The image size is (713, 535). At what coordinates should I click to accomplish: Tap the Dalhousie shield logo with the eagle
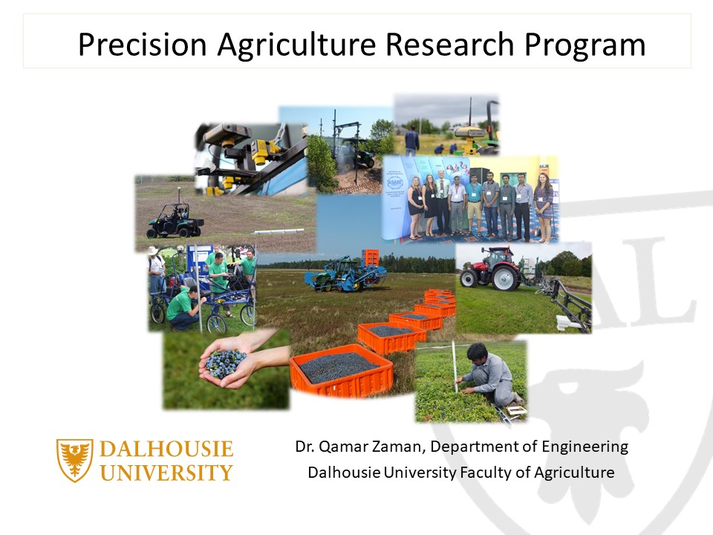click(x=75, y=460)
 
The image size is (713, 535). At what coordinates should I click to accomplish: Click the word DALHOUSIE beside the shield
click(x=166, y=450)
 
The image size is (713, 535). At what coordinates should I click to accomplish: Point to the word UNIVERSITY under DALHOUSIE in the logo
click(x=166, y=473)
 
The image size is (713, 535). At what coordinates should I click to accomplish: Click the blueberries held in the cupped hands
click(x=224, y=362)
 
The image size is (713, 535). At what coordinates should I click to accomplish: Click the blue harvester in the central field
click(x=345, y=272)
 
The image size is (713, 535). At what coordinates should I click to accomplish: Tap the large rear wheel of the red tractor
click(x=506, y=278)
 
